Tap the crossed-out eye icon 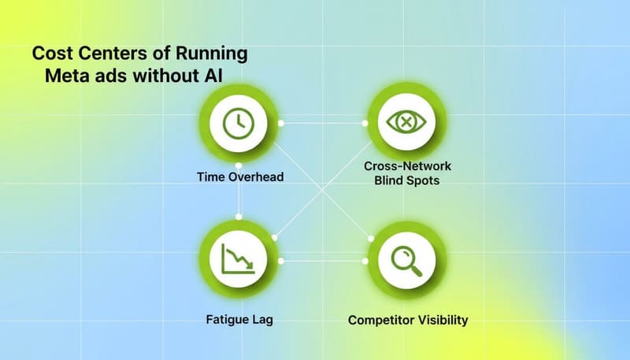click(406, 123)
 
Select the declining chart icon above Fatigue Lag click(238, 258)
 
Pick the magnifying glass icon click(406, 260)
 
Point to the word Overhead click(255, 177)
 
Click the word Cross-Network click(407, 167)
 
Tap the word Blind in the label click(391, 181)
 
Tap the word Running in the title click(213, 54)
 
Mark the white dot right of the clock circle click(281, 123)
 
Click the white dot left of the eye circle click(365, 123)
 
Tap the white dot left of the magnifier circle click(367, 260)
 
